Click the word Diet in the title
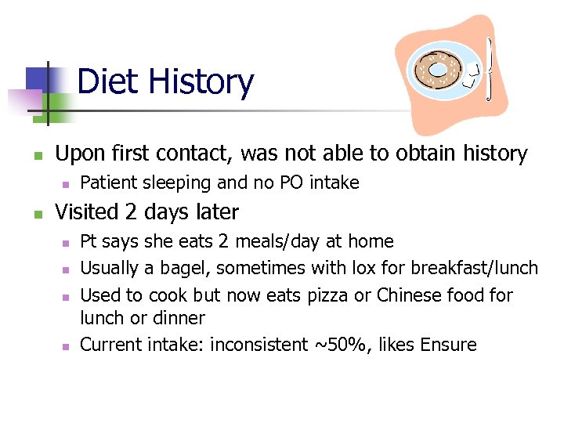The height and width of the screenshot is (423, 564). coord(106,82)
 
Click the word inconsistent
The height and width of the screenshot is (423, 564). coord(258,345)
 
